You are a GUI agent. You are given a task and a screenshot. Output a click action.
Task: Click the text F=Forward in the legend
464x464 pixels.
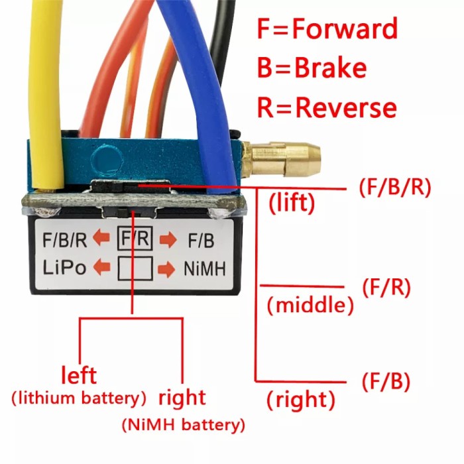click(x=327, y=29)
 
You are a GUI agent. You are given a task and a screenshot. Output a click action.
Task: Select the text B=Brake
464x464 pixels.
click(x=312, y=68)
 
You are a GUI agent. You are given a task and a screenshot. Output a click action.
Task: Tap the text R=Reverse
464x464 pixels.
click(x=327, y=107)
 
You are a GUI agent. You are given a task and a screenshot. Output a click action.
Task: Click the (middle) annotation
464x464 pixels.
click(x=310, y=306)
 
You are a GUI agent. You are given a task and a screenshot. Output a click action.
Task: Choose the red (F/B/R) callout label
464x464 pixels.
click(x=395, y=188)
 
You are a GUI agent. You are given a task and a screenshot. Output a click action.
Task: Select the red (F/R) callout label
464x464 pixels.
click(x=387, y=287)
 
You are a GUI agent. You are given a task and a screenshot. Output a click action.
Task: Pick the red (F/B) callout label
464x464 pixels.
click(x=386, y=382)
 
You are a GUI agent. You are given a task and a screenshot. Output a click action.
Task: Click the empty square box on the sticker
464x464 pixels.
click(x=135, y=268)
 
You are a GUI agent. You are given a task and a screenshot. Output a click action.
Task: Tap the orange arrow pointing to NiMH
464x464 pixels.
click(x=168, y=268)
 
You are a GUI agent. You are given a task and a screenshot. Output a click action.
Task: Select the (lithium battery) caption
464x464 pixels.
click(x=79, y=398)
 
